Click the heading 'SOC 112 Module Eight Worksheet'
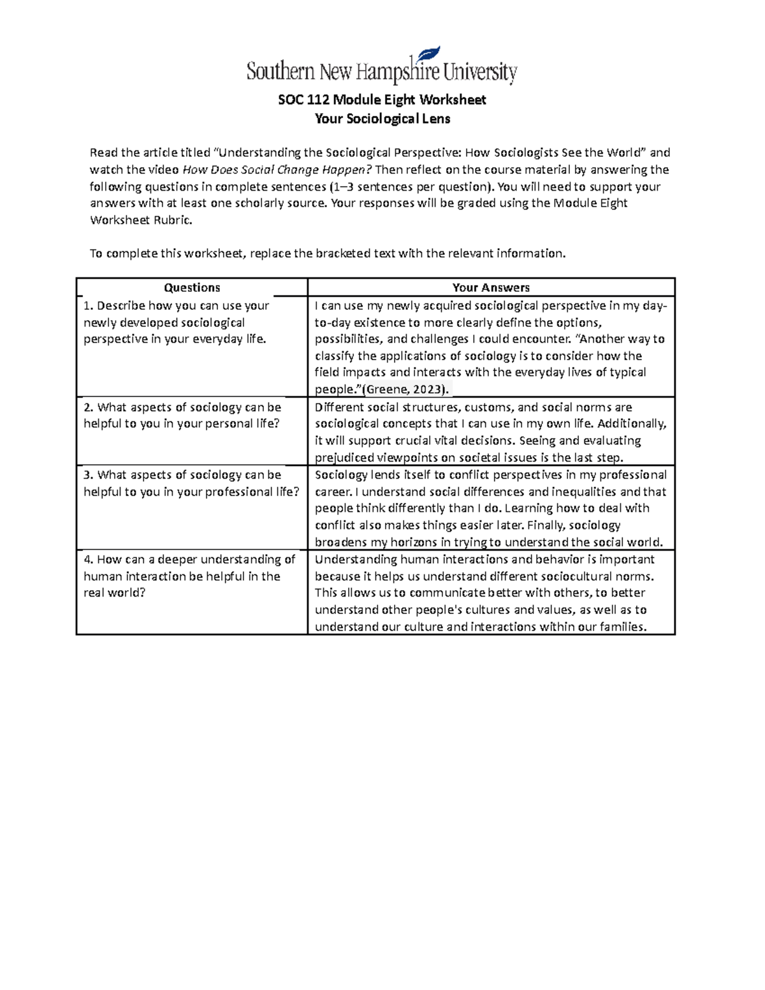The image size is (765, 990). point(382,99)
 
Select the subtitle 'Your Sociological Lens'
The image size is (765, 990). point(382,119)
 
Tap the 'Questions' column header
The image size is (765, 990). point(192,288)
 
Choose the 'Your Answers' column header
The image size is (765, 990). point(491,288)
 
